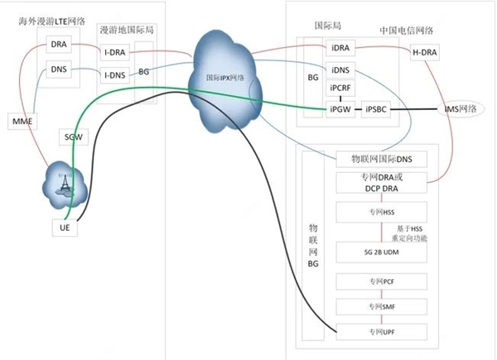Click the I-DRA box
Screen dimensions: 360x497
[x=114, y=53]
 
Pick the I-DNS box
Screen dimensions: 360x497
[x=114, y=75]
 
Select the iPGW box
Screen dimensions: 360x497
[x=340, y=108]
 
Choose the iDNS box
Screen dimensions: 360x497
[x=340, y=71]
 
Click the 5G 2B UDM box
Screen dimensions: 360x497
[x=381, y=252]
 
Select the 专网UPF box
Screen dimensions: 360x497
[x=381, y=332]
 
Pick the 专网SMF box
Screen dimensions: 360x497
[x=381, y=306]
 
